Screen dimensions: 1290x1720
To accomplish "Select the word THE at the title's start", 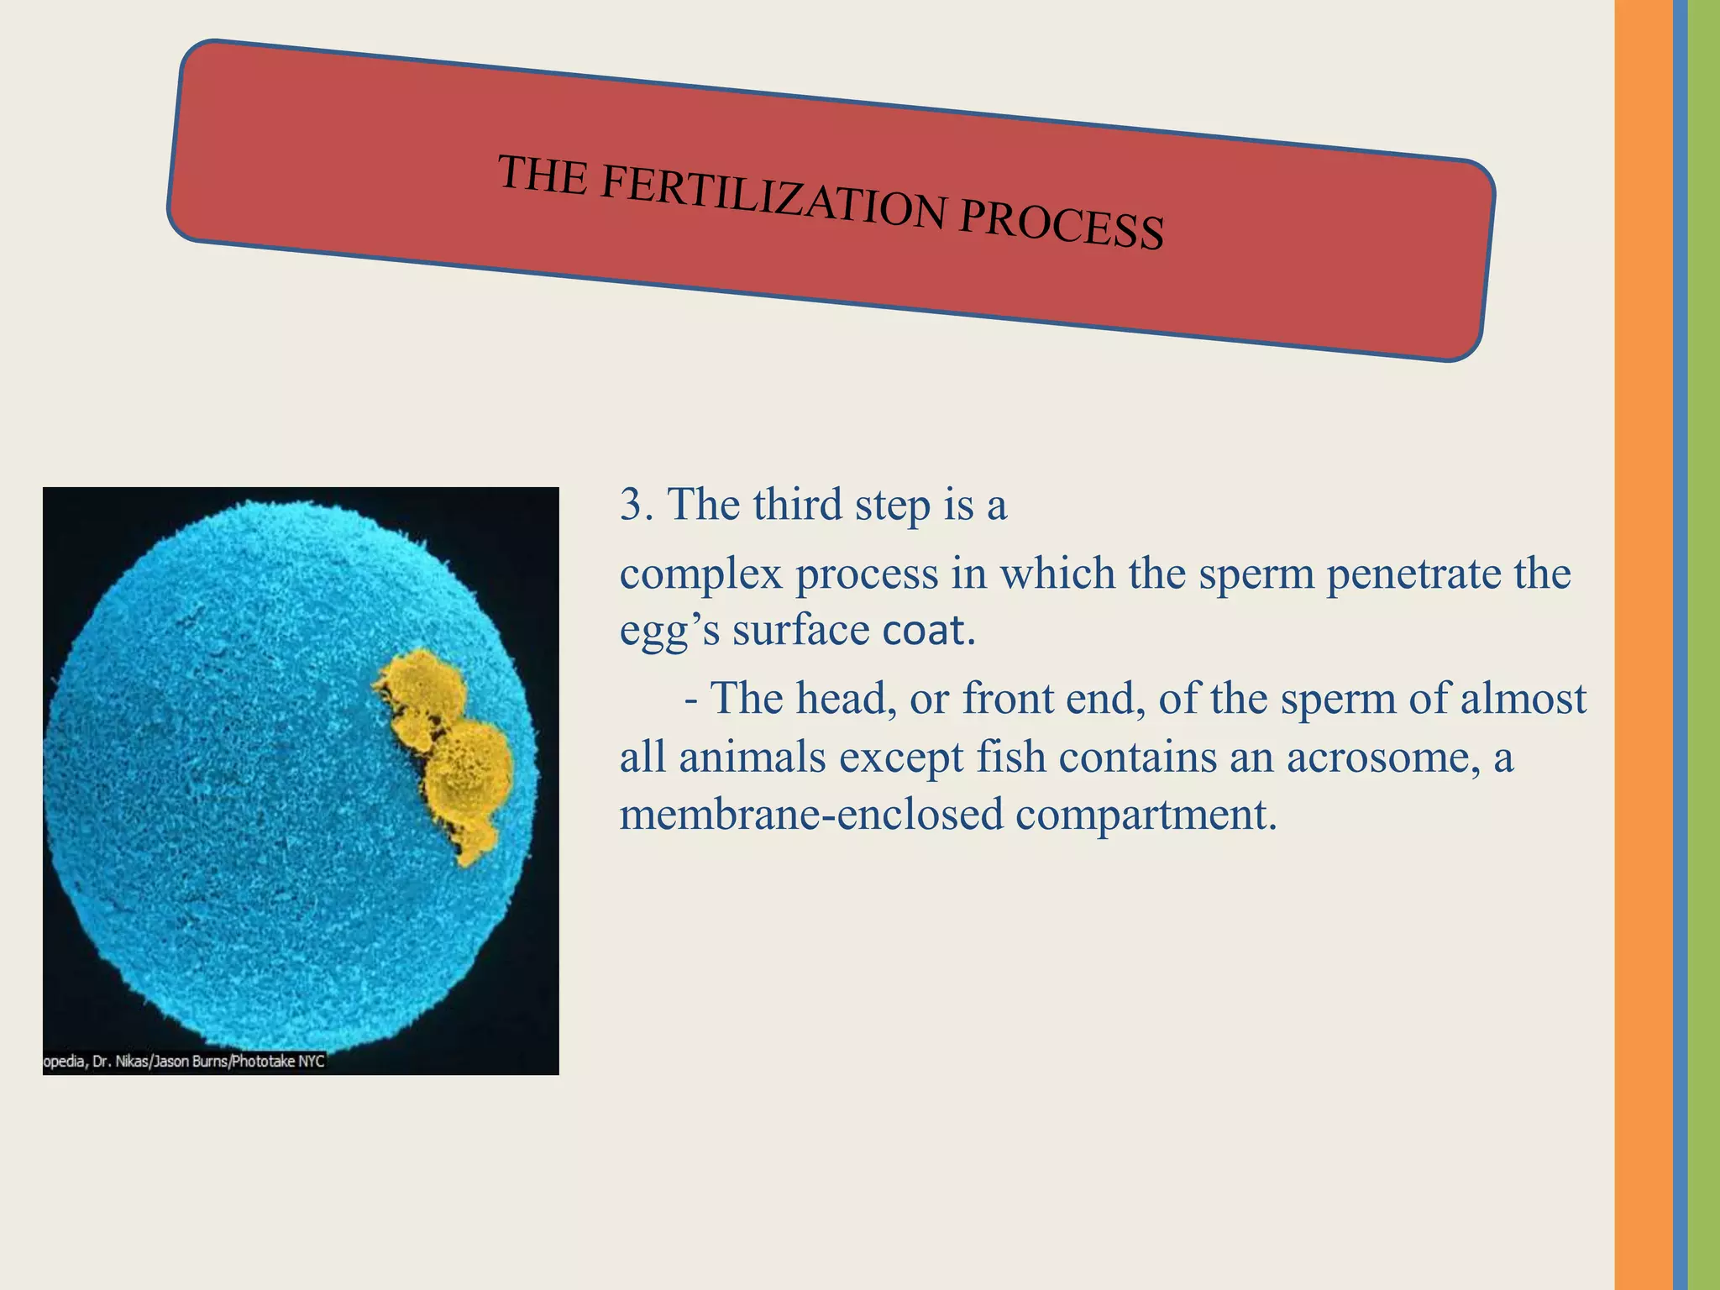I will (543, 175).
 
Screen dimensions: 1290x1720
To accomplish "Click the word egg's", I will (669, 632).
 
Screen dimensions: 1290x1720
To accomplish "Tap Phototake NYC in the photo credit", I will (278, 1062).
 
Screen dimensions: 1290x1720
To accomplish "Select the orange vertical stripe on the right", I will (1643, 645).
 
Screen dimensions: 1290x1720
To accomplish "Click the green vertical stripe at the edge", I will (1704, 645).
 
